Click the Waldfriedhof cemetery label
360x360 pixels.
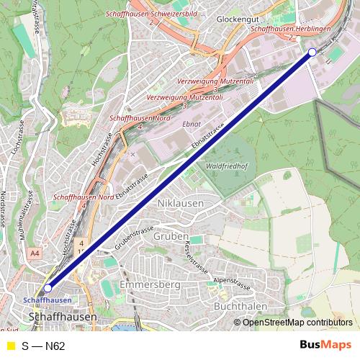click(x=228, y=165)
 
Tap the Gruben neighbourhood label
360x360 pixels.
click(x=171, y=236)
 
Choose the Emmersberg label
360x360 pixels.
click(x=150, y=285)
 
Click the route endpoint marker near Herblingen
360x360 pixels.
click(x=312, y=52)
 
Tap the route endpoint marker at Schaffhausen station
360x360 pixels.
click(x=48, y=288)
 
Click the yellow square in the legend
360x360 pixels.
click(x=11, y=346)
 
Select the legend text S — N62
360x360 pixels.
click(x=43, y=346)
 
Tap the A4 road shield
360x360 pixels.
click(x=35, y=253)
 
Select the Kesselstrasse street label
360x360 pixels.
click(x=195, y=261)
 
